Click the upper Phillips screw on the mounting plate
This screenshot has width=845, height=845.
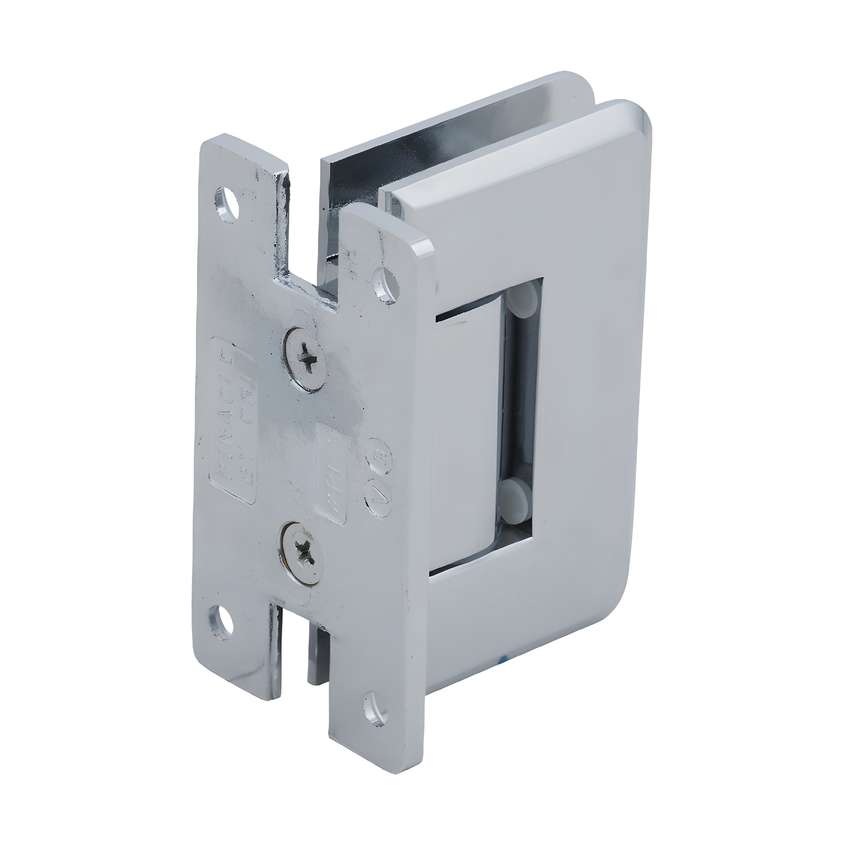[x=306, y=360]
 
